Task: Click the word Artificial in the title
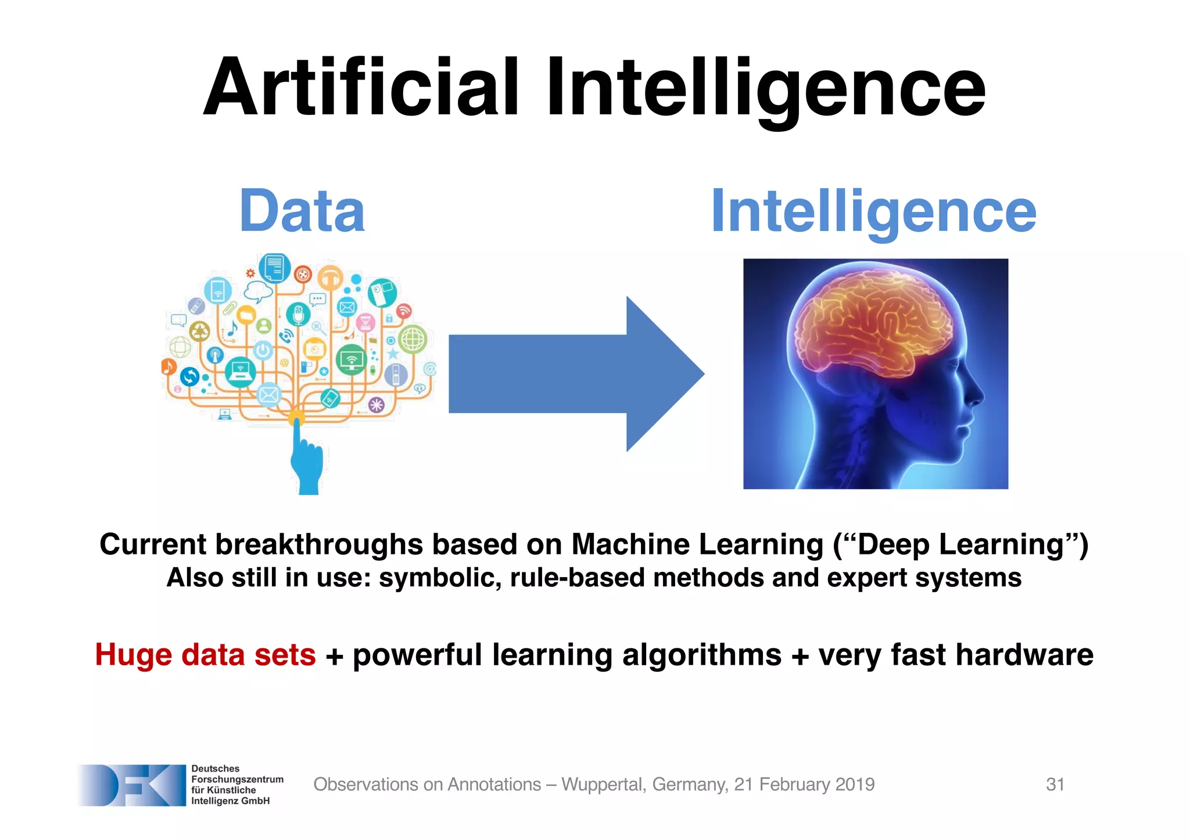tap(360, 87)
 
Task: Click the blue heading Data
tap(302, 211)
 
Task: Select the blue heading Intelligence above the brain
tap(873, 211)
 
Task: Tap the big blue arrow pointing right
tap(575, 374)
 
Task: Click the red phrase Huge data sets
tap(205, 655)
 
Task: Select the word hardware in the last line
tap(1024, 655)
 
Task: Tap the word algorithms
tap(701, 655)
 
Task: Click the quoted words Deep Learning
tap(960, 545)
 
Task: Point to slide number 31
tap(1055, 784)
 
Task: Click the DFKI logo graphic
tap(132, 785)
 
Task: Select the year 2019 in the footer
tap(854, 784)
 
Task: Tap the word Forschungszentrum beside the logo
tap(237, 779)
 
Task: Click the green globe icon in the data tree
tap(413, 339)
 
